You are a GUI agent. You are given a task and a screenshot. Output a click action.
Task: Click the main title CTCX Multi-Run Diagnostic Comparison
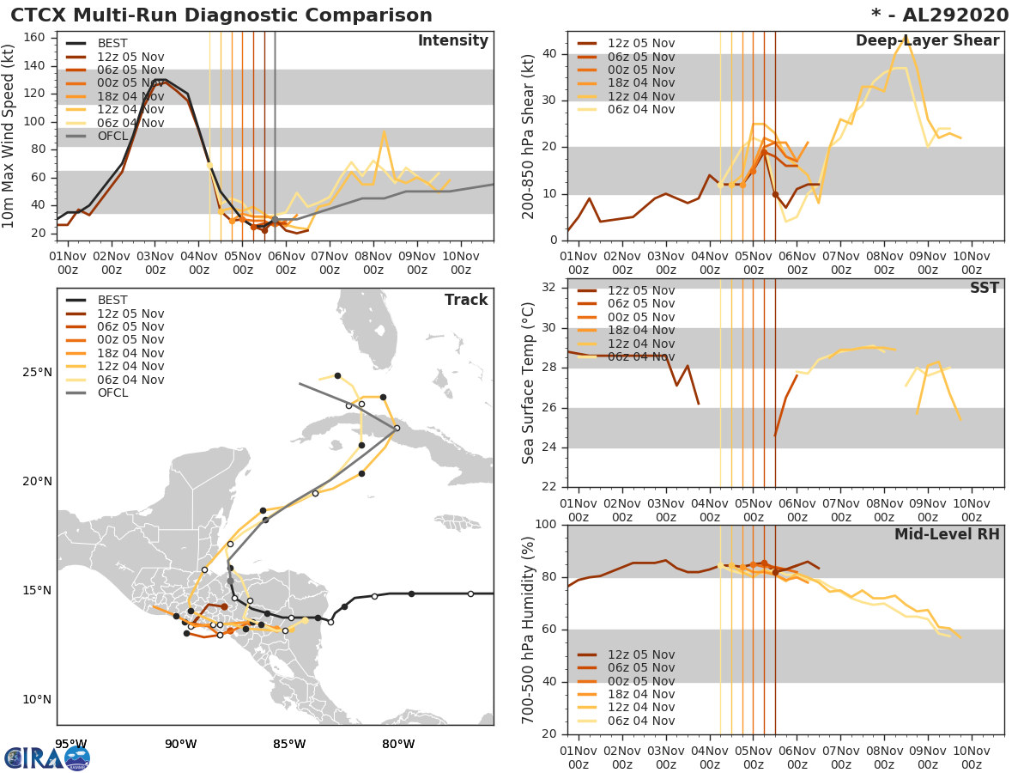pyautogui.click(x=221, y=15)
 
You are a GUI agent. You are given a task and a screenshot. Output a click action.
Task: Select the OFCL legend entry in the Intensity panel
pyautogui.click(x=112, y=137)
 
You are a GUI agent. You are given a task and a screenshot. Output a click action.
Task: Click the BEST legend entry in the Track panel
pyautogui.click(x=112, y=301)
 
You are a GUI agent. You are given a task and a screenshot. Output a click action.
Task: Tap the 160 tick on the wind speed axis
pyautogui.click(x=45, y=38)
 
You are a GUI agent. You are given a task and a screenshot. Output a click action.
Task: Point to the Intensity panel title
pyautogui.click(x=452, y=41)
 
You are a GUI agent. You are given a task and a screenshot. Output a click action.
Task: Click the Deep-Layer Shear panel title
pyautogui.click(x=927, y=41)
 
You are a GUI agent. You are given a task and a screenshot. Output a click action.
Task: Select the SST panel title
pyautogui.click(x=985, y=288)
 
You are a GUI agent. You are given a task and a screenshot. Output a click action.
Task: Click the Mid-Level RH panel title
pyautogui.click(x=947, y=534)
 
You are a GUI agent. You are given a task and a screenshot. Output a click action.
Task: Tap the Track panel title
pyautogui.click(x=465, y=300)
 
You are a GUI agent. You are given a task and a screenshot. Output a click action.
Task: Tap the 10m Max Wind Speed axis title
pyautogui.click(x=9, y=137)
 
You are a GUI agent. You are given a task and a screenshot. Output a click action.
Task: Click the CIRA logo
pyautogui.click(x=46, y=758)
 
